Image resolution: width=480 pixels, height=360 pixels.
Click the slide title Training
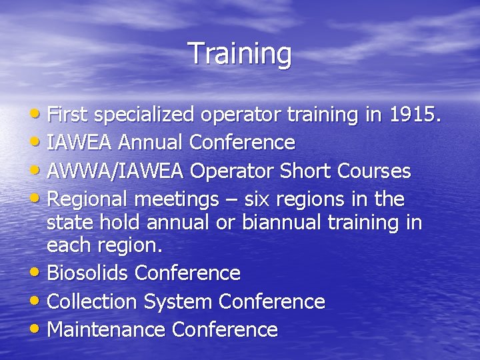240,54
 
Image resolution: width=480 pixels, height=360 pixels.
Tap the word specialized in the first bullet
142,115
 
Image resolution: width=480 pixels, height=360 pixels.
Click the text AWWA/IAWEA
117,171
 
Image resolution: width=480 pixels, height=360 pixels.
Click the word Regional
89,199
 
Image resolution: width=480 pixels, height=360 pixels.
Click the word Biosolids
89,273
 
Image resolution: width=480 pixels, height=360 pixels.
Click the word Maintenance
107,330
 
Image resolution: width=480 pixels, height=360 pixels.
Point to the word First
69,115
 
